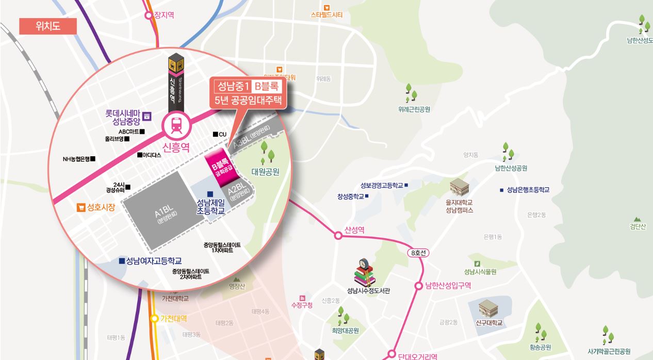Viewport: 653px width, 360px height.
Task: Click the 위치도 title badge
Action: [x=48, y=26]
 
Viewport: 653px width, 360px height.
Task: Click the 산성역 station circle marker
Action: [x=338, y=235]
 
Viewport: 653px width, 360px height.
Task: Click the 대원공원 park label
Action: [x=265, y=172]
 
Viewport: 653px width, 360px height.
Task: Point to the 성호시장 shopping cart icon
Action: [x=80, y=208]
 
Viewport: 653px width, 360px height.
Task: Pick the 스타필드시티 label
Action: [x=326, y=15]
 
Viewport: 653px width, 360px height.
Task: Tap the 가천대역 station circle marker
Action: [x=154, y=319]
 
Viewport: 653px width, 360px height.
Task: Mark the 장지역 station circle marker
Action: [x=150, y=15]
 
